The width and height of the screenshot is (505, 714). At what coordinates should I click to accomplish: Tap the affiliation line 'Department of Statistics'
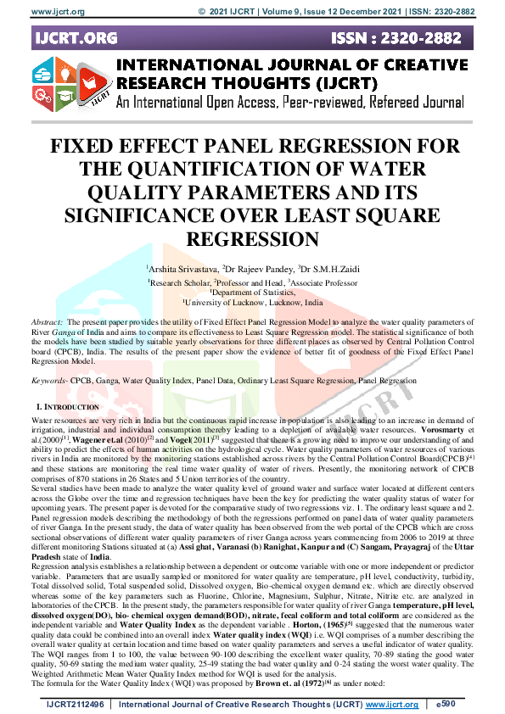pyautogui.click(x=253, y=291)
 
